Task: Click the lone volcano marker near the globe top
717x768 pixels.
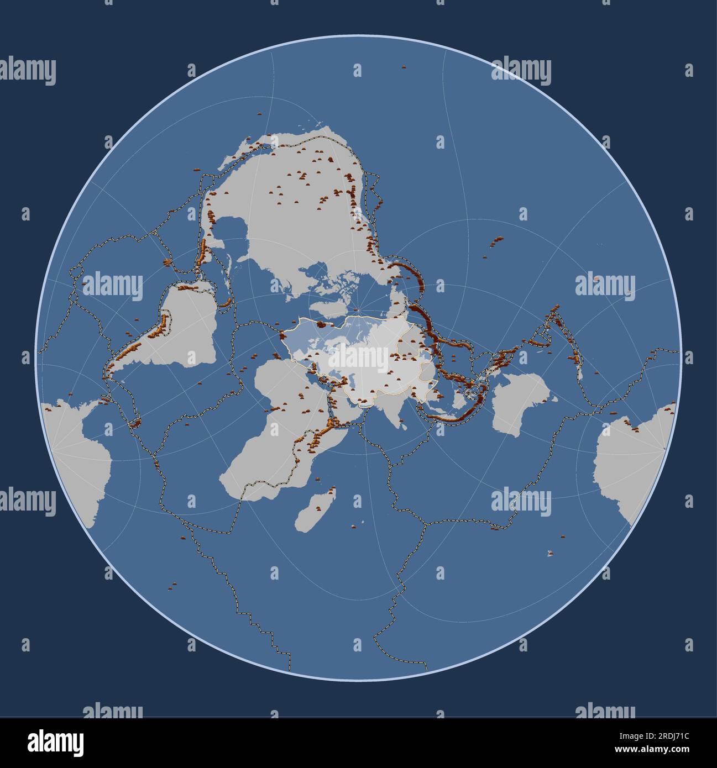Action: pyautogui.click(x=404, y=67)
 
